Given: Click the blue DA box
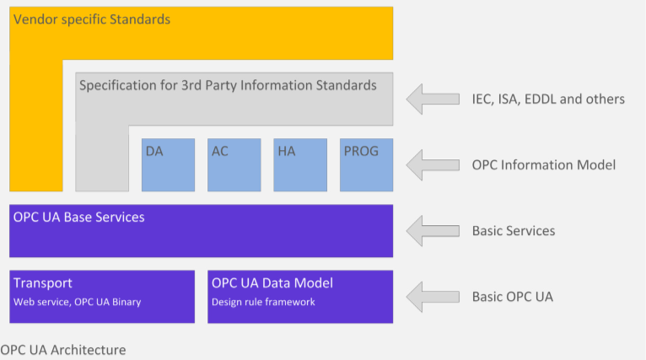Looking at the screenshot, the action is coord(168,164).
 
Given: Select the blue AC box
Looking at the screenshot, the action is coord(234,164).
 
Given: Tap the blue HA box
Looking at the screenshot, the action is coord(300,164).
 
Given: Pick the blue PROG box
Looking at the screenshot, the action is coord(366,164).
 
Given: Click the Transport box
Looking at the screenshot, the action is coord(102,297).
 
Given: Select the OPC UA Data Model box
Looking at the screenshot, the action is coord(300,297).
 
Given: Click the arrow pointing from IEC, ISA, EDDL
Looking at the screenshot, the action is coord(433,99).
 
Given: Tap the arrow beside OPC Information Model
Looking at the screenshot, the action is coord(433,164).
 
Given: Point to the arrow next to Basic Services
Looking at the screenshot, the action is coord(433,231).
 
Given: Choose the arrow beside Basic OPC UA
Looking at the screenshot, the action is coord(433,297).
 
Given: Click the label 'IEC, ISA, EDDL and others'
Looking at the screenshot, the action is coord(548,99).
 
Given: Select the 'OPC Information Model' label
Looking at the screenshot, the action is coord(544,164).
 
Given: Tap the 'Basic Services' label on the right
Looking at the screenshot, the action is coord(514,231).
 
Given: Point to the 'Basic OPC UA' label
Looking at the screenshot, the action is coord(513,297).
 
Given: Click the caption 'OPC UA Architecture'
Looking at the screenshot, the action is coord(63,350).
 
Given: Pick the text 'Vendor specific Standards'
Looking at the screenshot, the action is coord(92,19).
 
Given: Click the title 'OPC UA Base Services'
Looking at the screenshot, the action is coord(79,217).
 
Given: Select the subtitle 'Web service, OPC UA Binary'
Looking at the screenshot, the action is coord(78,302).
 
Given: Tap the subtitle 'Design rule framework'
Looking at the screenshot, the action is coord(263,302).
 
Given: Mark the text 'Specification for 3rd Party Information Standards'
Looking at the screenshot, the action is coord(228,85).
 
